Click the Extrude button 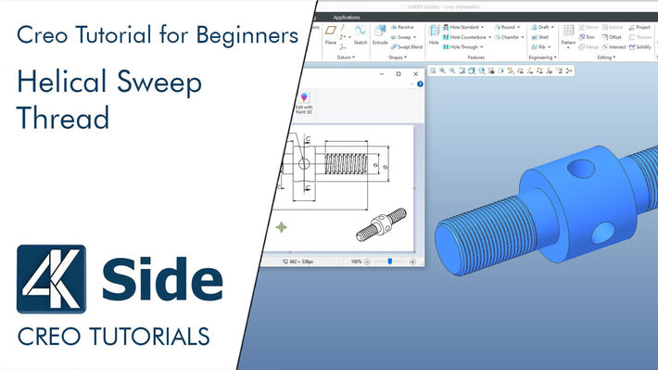[x=380, y=35]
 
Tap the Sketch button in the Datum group [x=360, y=35]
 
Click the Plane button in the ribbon [x=331, y=35]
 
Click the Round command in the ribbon [x=505, y=28]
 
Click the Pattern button [x=568, y=36]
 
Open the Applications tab [x=347, y=17]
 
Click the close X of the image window [x=415, y=73]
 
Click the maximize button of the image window [x=399, y=73]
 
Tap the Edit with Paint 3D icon [x=303, y=101]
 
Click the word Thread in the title [x=63, y=119]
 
